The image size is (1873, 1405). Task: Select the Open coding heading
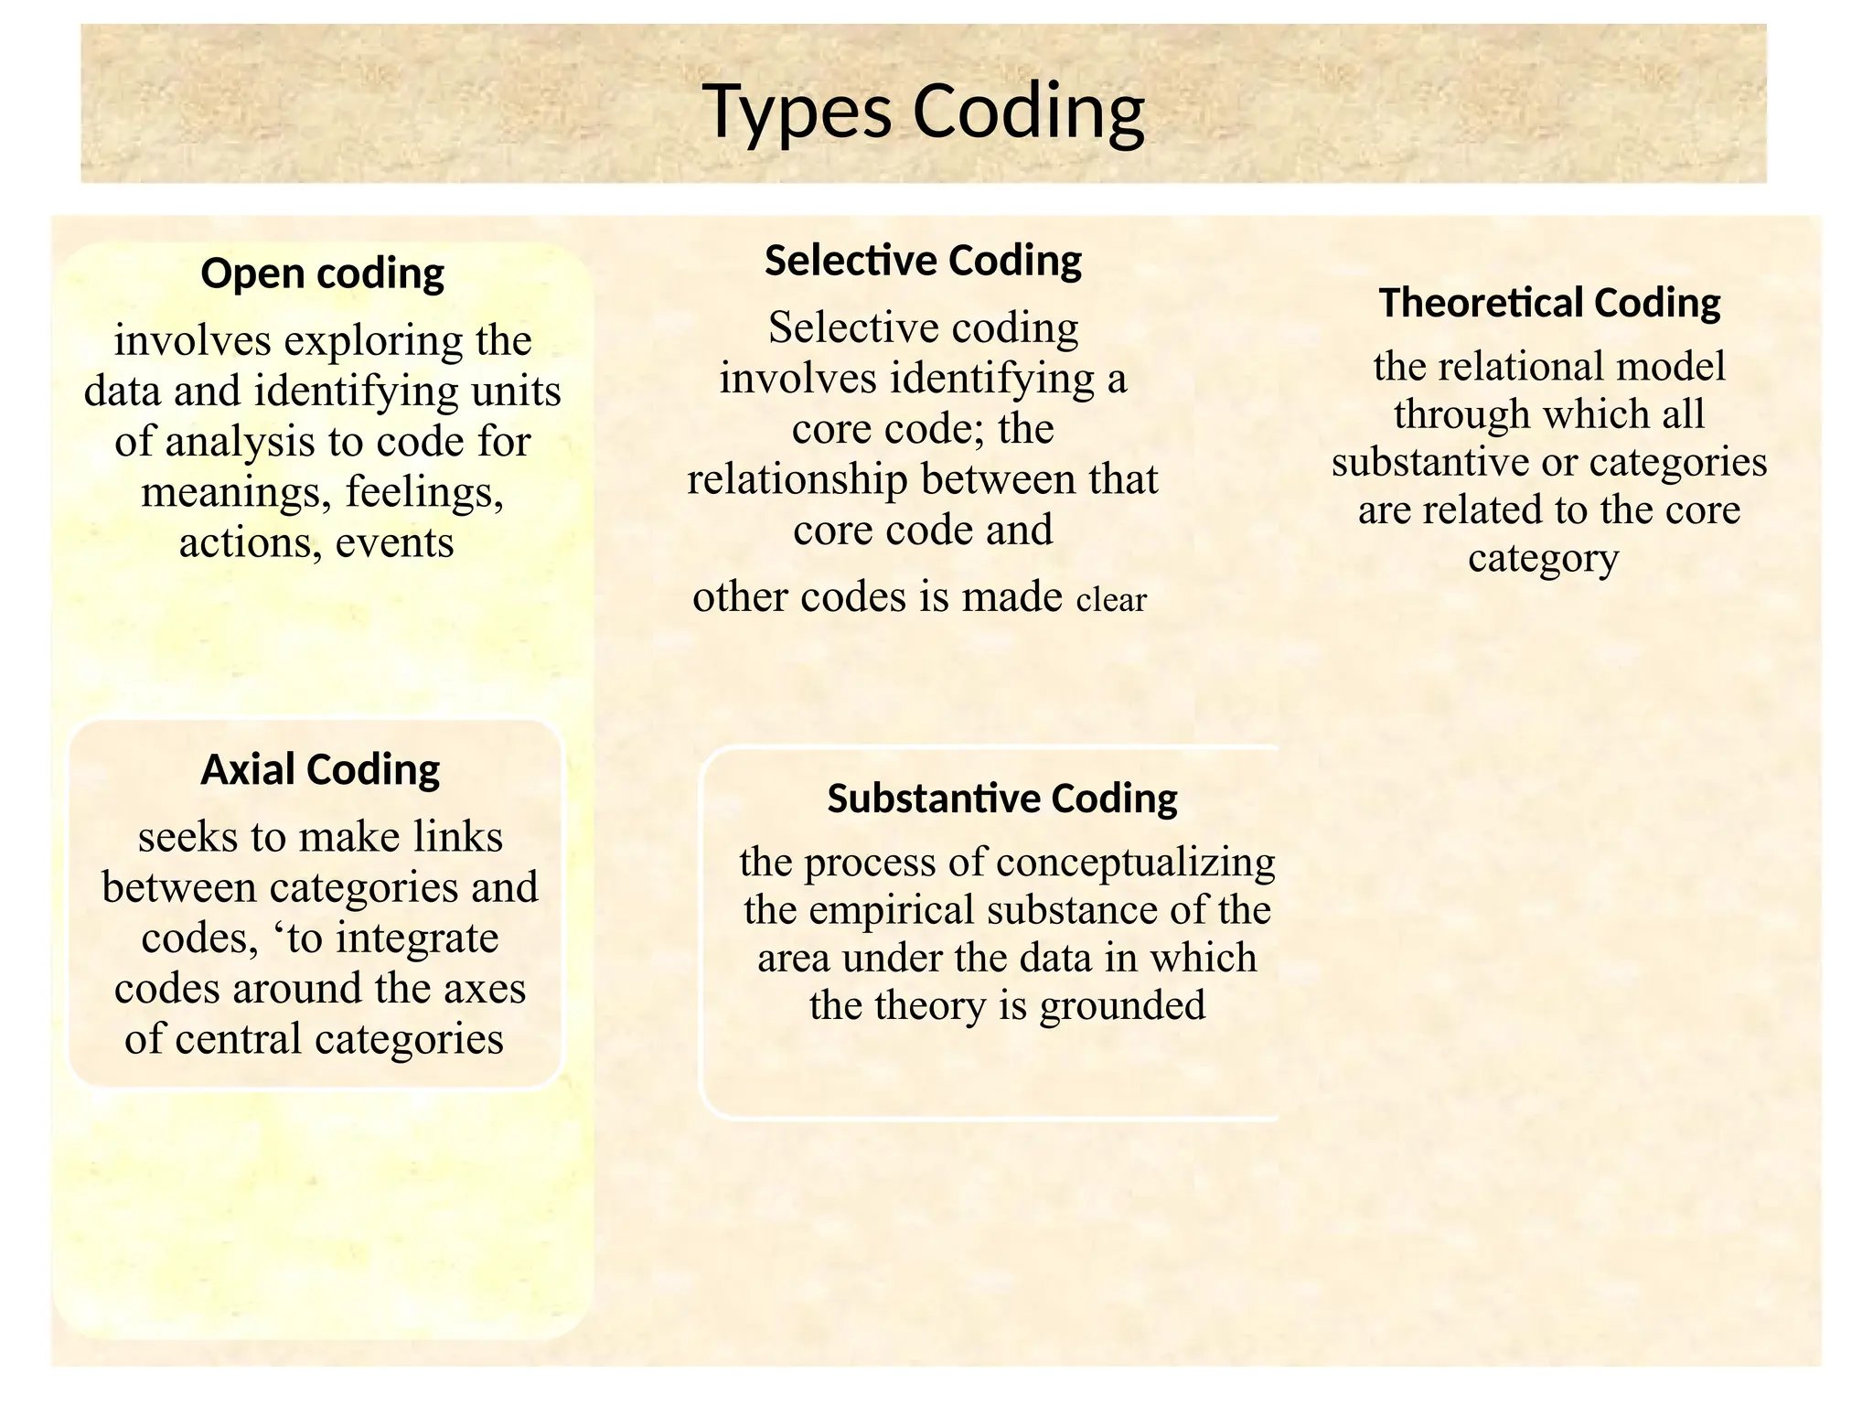coord(322,273)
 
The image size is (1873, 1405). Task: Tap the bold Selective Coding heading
coord(923,261)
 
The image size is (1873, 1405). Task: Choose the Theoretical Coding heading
coord(1549,303)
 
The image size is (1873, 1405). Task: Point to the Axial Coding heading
coord(320,769)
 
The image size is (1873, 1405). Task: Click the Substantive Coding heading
coord(1002,799)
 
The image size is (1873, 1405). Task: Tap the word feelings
coord(424,492)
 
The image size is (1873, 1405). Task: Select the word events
coord(394,543)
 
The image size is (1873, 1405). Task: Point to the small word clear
coord(1111,600)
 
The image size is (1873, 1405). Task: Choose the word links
coord(458,837)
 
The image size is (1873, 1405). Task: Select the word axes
coord(489,989)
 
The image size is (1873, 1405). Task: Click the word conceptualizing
coord(1135,863)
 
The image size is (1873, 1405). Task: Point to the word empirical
coord(892,910)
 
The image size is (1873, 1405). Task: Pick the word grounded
coord(1122,1006)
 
